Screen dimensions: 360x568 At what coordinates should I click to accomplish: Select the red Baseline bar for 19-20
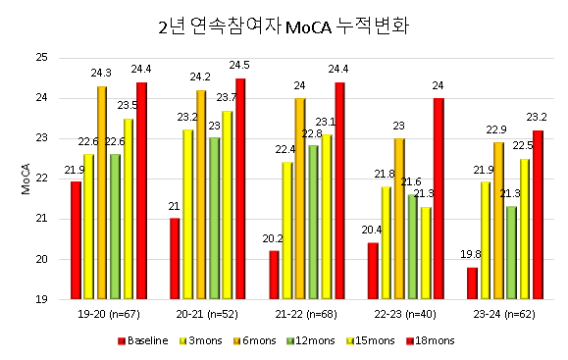[x=76, y=240]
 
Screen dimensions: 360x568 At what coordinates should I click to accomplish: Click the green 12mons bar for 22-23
[x=413, y=246]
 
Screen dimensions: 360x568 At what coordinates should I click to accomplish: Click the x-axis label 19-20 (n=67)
[x=108, y=316]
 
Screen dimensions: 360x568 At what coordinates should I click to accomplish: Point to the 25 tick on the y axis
[x=41, y=58]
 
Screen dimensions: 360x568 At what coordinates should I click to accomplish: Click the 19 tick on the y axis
[x=41, y=300]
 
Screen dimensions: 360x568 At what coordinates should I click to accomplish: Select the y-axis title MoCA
[x=26, y=179]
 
